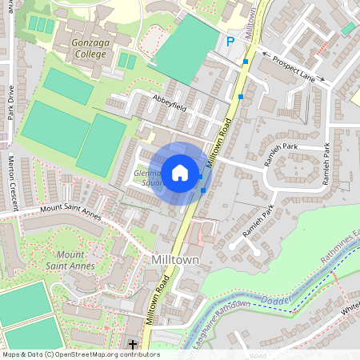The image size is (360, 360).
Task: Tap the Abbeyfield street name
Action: tap(169, 100)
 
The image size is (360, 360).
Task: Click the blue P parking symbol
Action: tap(230, 42)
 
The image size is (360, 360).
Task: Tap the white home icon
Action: tap(180, 172)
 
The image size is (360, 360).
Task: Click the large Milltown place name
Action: tap(174, 260)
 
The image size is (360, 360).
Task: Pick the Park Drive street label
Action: tap(11, 102)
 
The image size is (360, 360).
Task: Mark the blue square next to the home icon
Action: tap(203, 190)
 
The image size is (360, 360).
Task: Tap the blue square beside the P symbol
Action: tap(246, 62)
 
